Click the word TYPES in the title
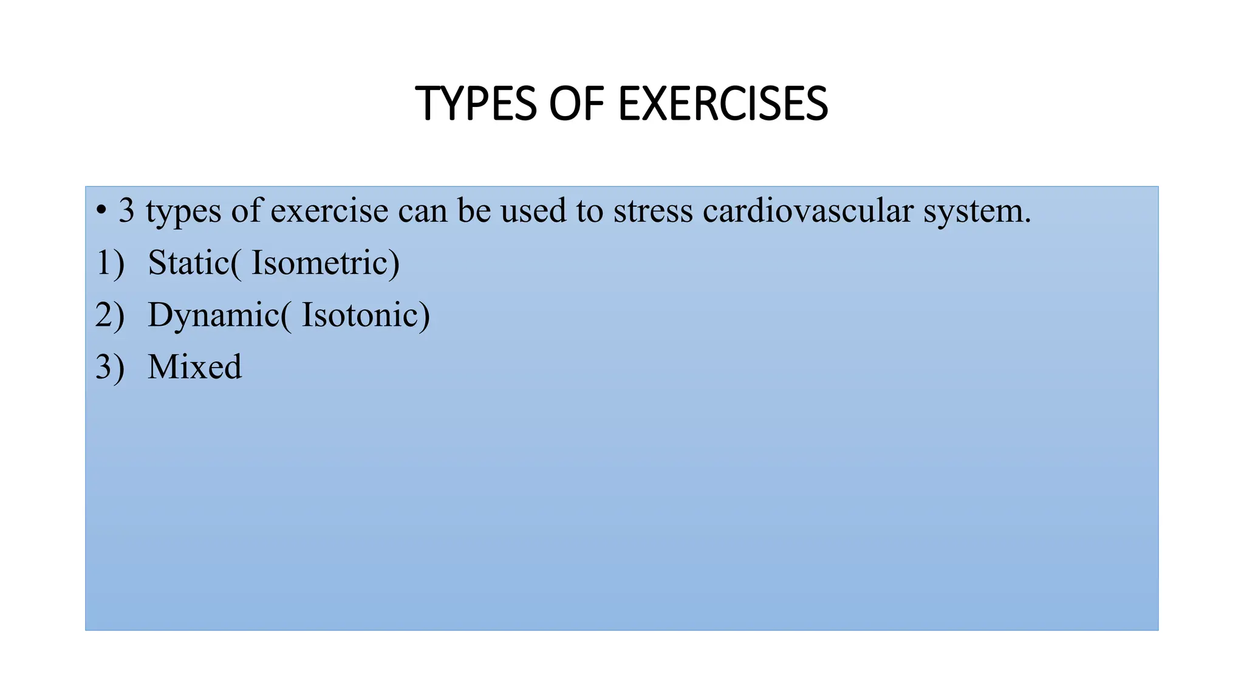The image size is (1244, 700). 476,104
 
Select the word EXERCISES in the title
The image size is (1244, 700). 723,104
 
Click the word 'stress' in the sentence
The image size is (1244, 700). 653,211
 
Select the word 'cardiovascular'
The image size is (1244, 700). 808,211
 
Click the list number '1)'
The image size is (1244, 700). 110,263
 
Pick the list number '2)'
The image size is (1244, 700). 110,315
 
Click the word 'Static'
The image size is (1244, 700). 188,263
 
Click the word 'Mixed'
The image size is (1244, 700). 194,367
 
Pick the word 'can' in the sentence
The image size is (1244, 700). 423,211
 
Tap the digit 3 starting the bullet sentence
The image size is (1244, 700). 126,211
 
